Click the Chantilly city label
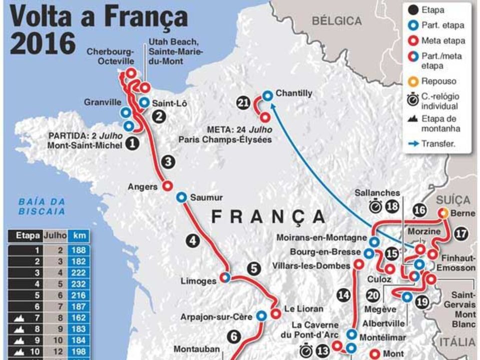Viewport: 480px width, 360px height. click(294, 93)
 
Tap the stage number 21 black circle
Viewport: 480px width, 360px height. click(243, 103)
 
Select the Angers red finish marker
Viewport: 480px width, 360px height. click(168, 185)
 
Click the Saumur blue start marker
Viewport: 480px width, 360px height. click(181, 197)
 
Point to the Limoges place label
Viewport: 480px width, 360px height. click(200, 281)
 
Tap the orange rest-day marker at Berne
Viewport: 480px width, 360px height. click(443, 213)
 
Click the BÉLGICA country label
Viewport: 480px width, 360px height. click(336, 21)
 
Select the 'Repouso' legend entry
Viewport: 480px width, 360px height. click(439, 81)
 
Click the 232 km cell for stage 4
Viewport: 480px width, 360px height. click(79, 284)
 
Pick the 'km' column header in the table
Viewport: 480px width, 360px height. click(79, 235)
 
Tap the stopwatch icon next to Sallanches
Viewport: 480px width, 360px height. click(376, 206)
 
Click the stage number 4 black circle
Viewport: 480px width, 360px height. click(194, 240)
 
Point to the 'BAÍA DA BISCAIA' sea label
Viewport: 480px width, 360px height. click(42, 206)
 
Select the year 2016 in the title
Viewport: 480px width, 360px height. click(43, 44)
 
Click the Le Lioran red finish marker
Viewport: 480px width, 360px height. click(275, 313)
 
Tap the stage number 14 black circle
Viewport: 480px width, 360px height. click(343, 295)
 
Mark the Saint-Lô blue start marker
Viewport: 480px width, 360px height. click(144, 102)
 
